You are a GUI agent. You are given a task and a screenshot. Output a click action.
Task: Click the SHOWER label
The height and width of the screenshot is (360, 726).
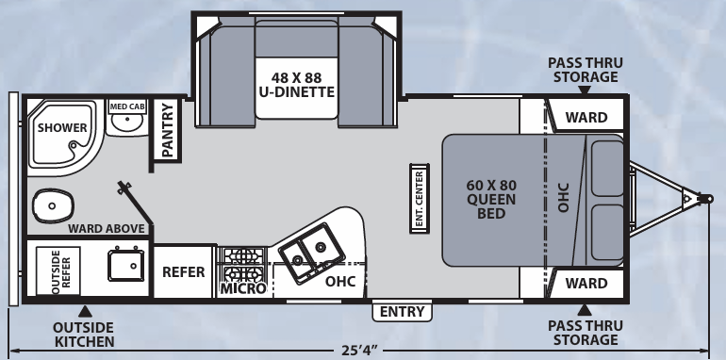click(x=62, y=128)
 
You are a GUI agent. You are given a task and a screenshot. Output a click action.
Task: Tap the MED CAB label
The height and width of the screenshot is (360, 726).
click(x=127, y=107)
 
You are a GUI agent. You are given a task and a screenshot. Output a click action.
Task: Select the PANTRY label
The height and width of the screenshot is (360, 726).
click(x=167, y=130)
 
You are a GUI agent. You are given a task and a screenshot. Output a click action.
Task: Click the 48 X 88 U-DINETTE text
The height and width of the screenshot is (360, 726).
click(x=297, y=84)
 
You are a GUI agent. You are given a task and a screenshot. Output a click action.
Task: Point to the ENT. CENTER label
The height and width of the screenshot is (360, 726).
click(x=418, y=198)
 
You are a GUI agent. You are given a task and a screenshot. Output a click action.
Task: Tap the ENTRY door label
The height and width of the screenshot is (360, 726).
click(x=403, y=312)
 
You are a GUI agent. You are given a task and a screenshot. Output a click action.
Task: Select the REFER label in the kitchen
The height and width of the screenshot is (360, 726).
click(x=184, y=272)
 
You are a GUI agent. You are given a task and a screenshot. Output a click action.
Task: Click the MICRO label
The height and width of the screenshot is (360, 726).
click(x=242, y=289)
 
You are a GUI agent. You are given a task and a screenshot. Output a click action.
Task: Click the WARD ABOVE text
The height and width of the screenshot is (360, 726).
click(x=106, y=228)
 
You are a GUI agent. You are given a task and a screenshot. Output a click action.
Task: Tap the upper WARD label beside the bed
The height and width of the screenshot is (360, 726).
click(x=586, y=118)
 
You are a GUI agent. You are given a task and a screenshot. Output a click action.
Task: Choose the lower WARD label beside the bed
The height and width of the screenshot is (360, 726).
click(x=586, y=283)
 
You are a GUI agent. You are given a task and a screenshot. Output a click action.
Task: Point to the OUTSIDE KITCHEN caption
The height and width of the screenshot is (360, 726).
click(x=84, y=334)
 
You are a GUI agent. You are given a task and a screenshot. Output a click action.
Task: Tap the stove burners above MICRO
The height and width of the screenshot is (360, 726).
click(x=242, y=255)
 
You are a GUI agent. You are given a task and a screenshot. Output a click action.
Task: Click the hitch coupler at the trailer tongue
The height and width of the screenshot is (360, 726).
click(x=701, y=199)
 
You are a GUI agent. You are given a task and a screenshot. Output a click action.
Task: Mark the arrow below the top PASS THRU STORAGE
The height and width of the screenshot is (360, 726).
click(x=585, y=90)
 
